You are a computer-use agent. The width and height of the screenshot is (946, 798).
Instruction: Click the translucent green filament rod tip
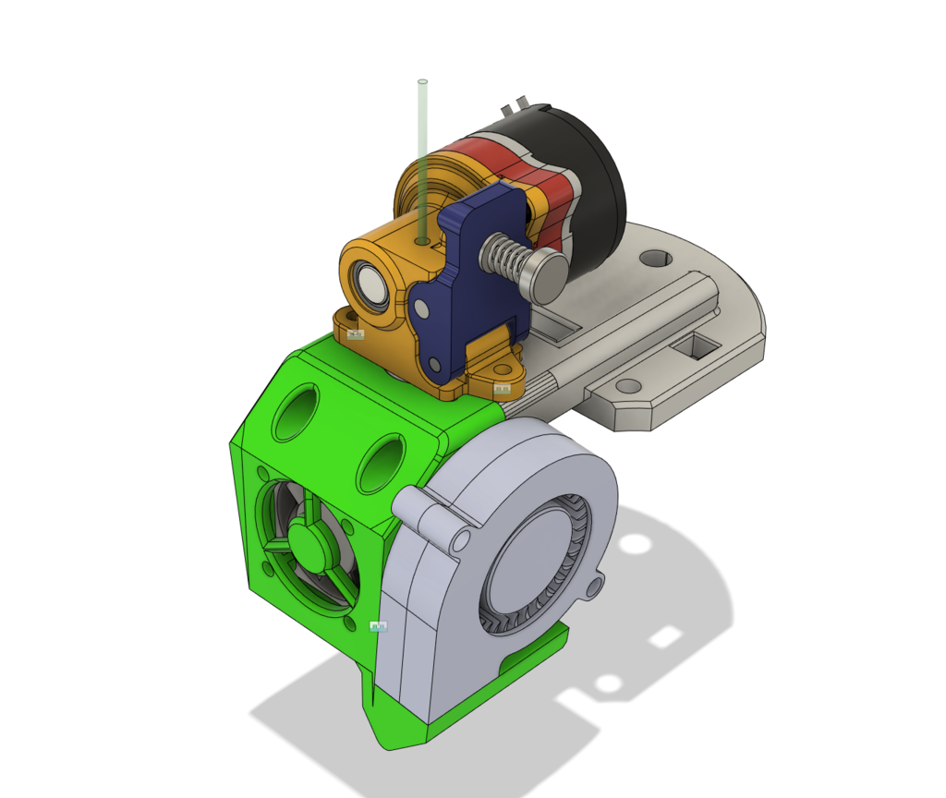pos(423,84)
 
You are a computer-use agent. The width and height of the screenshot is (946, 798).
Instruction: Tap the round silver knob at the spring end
pos(548,276)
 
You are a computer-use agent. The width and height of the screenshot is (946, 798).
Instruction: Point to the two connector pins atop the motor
pos(514,105)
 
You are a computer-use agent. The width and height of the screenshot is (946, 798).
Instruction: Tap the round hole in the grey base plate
pos(654,257)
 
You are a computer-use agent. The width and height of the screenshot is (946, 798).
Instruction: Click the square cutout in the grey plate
pos(694,346)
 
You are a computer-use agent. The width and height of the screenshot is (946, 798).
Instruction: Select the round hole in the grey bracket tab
pos(628,385)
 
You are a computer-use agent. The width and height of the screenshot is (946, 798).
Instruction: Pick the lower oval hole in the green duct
pos(380,465)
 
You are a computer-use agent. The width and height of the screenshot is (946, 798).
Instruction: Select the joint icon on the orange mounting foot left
pos(356,334)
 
